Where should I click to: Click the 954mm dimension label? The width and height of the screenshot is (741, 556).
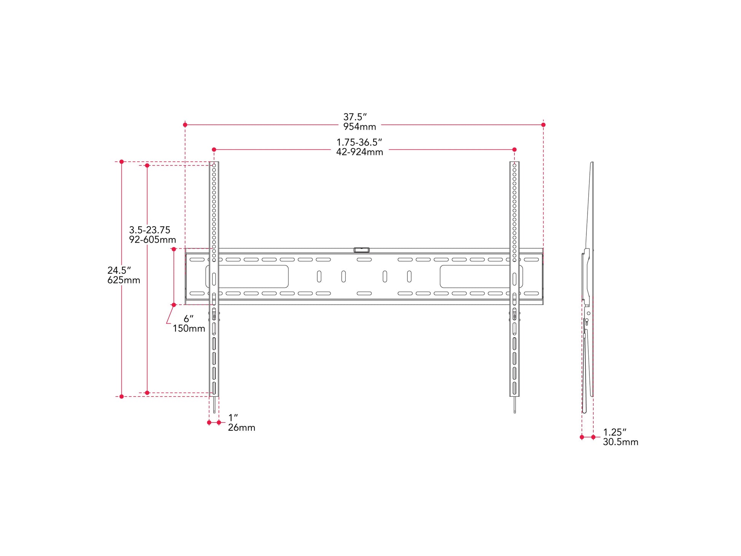pos(359,127)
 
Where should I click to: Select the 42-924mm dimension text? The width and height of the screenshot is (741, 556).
pos(359,152)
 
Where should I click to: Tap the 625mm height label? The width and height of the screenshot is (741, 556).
pos(124,280)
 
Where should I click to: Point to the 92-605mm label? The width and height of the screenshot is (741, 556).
pos(152,240)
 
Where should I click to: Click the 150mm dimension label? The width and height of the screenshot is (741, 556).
pos(189,329)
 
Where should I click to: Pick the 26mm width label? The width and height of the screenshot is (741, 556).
pos(241,428)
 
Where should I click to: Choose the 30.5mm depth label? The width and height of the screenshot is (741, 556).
pos(620,442)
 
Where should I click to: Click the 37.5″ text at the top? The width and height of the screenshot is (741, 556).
pos(355,117)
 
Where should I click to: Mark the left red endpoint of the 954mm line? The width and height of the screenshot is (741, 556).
pos(185,125)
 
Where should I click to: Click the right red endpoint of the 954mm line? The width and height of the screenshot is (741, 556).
pos(543,125)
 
